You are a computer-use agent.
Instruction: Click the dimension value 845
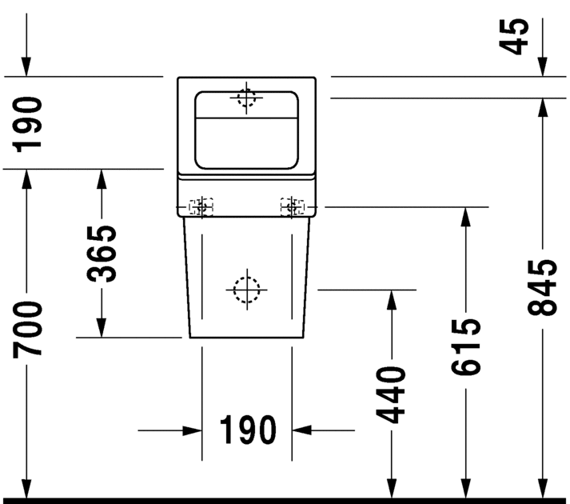[542, 287]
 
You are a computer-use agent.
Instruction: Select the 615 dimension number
[465, 346]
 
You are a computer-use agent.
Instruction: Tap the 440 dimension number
[391, 395]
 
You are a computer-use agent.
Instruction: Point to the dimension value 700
[27, 330]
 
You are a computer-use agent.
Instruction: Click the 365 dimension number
[102, 254]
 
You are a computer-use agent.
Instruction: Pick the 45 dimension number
[514, 36]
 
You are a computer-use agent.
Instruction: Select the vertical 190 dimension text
[27, 124]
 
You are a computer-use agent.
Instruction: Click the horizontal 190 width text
[248, 430]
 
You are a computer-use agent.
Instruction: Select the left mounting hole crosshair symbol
[201, 207]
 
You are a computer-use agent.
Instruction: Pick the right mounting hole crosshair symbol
[292, 207]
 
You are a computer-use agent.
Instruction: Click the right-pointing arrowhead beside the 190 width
[193, 430]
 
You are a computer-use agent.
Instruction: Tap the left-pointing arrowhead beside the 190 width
[301, 430]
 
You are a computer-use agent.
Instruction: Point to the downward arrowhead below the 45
[542, 67]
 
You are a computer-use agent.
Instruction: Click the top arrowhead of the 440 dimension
[391, 300]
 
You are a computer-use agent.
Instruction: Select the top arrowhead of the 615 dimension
[465, 217]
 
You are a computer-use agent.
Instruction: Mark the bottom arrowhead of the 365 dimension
[102, 327]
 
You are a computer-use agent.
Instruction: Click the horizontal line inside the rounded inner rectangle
[246, 118]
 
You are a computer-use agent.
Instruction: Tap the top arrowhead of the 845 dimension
[542, 108]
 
